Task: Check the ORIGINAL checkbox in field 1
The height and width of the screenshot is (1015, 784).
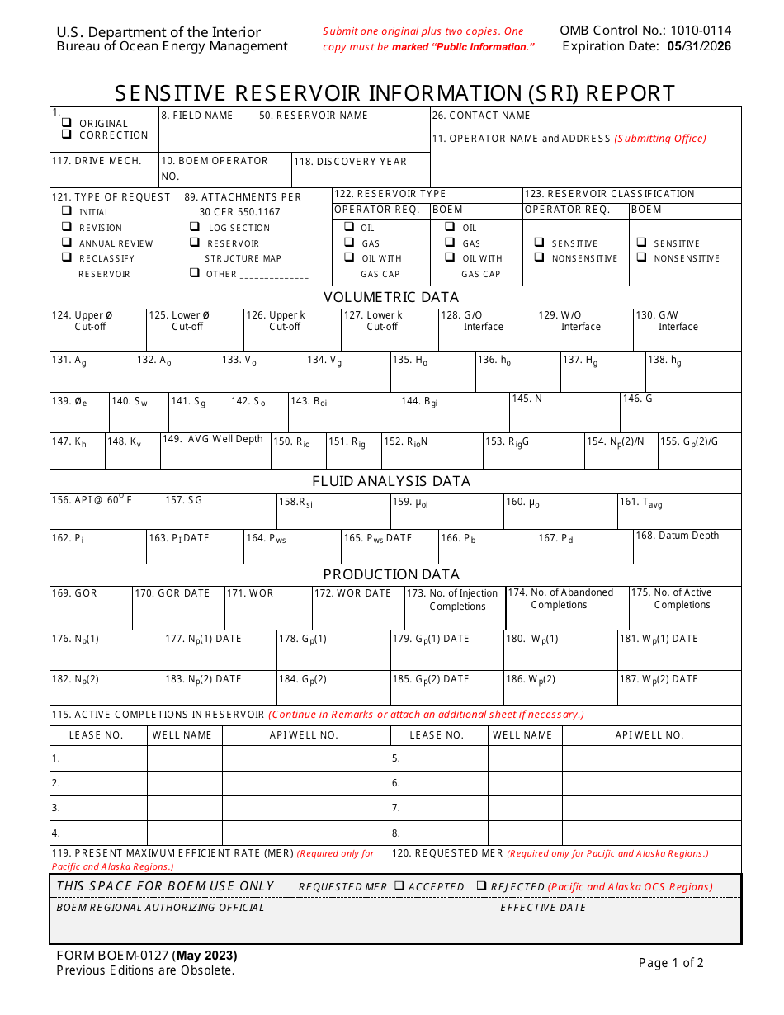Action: pyautogui.click(x=66, y=122)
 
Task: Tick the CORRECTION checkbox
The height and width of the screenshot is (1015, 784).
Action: pyautogui.click(x=66, y=134)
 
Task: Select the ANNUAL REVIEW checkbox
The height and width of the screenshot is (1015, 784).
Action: pyautogui.click(x=66, y=243)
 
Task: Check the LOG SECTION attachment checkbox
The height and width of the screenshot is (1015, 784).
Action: pyautogui.click(x=195, y=227)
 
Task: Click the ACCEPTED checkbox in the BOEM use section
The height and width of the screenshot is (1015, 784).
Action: pyautogui.click(x=399, y=885)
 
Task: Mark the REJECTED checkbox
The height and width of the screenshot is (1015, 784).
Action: pyautogui.click(x=481, y=885)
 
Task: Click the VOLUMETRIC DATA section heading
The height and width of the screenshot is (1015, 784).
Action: pyautogui.click(x=391, y=297)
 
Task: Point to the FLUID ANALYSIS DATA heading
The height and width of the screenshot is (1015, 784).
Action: pyautogui.click(x=391, y=481)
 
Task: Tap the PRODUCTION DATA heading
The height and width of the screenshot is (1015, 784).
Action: pyautogui.click(x=391, y=574)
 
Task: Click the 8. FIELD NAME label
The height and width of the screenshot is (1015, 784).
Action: pyautogui.click(x=197, y=116)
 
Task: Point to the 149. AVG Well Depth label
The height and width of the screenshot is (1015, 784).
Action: pyautogui.click(x=213, y=439)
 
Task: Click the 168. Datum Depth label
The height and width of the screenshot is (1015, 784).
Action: pyautogui.click(x=677, y=536)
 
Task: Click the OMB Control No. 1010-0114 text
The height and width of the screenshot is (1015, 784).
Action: pyautogui.click(x=645, y=31)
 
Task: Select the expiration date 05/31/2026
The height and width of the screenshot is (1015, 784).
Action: pyautogui.click(x=699, y=46)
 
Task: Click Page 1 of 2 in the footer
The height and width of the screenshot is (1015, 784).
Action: pyautogui.click(x=671, y=962)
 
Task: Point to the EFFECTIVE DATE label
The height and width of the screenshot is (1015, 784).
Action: pyautogui.click(x=543, y=907)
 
